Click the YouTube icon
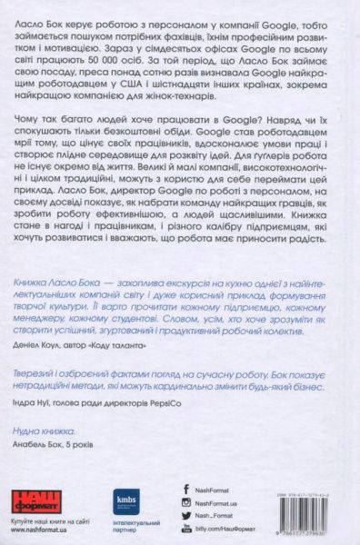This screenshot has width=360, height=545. click(187, 529)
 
